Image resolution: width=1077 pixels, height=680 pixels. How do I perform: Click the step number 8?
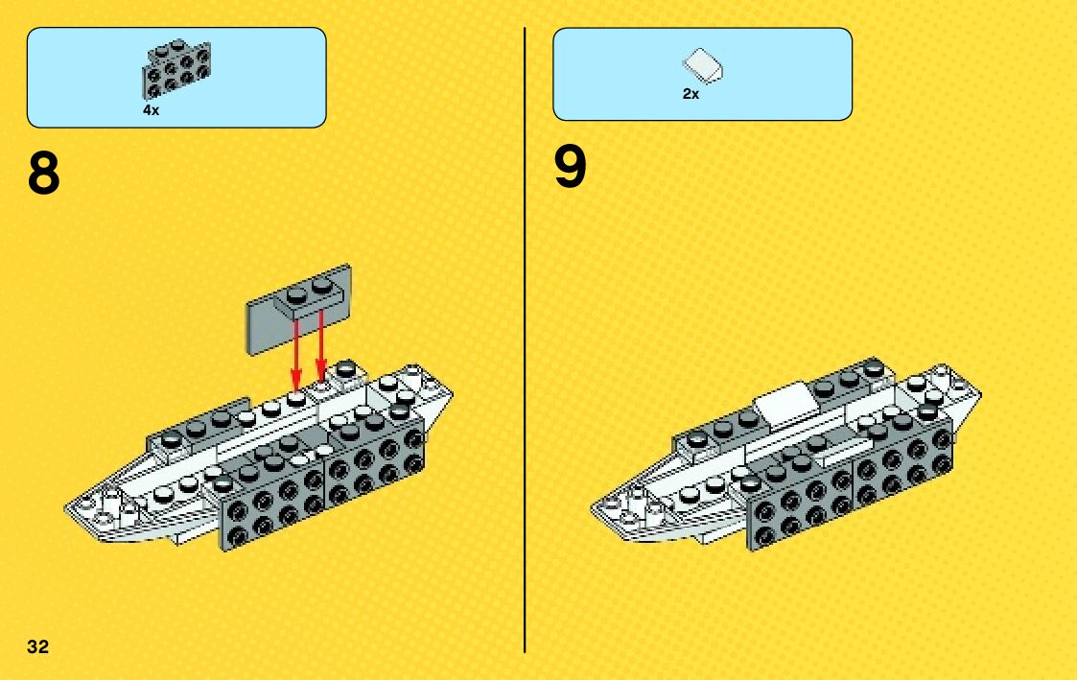pyautogui.click(x=44, y=174)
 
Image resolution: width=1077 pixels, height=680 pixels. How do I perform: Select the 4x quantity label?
pyautogui.click(x=151, y=111)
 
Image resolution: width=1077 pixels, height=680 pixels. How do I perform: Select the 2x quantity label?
pyautogui.click(x=691, y=94)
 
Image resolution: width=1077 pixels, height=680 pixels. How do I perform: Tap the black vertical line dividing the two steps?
pyautogui.click(x=525, y=336)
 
